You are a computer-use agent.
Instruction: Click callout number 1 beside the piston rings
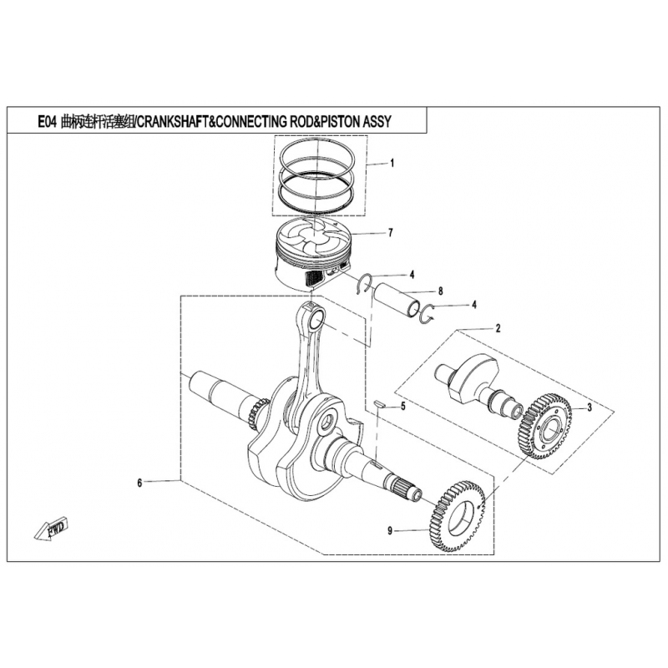click(x=392, y=163)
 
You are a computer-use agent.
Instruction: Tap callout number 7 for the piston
click(x=391, y=233)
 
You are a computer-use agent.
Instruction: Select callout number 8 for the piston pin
click(x=441, y=291)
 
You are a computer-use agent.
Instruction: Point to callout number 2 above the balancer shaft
click(x=498, y=328)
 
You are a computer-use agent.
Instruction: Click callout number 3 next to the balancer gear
click(x=590, y=407)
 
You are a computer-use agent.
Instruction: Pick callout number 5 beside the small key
click(x=403, y=407)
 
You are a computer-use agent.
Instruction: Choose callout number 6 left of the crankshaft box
click(x=139, y=483)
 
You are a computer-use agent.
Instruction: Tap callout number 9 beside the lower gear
click(x=390, y=531)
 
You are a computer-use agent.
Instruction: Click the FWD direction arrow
click(x=51, y=529)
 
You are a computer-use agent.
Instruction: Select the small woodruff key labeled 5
click(x=379, y=404)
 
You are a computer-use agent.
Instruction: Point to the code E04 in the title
click(x=47, y=122)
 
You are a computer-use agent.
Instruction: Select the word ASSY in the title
click(x=377, y=122)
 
